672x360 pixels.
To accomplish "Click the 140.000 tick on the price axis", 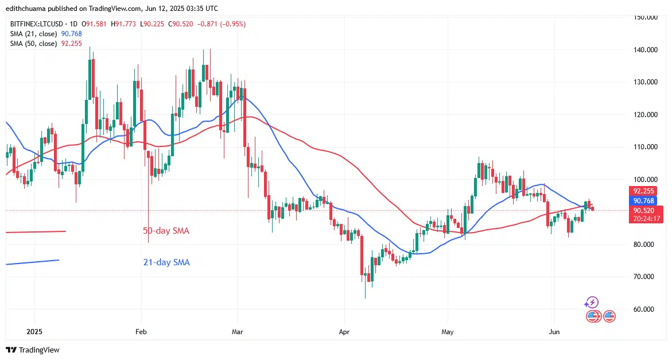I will [645, 50].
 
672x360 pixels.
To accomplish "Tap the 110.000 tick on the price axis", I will [645, 147].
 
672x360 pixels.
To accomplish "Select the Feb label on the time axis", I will [141, 331].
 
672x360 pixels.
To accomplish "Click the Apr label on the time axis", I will [344, 331].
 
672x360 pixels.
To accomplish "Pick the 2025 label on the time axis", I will [34, 331].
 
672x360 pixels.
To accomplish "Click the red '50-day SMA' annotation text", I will [166, 231].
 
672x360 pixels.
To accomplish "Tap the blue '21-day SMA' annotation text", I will [166, 262].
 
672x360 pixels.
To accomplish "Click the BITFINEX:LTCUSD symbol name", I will [36, 24].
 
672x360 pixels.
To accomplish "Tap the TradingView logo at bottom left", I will [33, 350].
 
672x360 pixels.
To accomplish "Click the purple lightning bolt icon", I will [592, 302].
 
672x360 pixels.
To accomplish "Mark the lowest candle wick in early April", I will [365, 296].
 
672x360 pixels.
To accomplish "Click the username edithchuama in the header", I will [25, 9].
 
